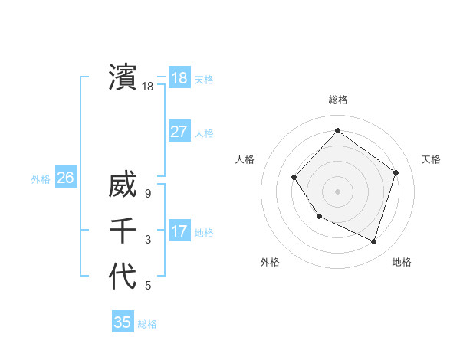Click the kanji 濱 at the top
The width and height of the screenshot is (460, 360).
coord(123,77)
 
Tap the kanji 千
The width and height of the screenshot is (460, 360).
coord(123,231)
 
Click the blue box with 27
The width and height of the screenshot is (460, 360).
coord(179,131)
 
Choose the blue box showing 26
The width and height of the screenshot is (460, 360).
coord(65,178)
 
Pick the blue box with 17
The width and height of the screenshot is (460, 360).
coord(179,231)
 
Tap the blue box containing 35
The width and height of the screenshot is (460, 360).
coord(123,322)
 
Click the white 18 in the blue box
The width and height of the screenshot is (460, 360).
coord(179,77)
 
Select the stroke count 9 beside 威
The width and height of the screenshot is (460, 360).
coord(148,194)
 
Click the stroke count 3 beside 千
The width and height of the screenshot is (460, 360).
coord(148,240)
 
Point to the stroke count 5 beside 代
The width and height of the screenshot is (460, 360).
coord(148,286)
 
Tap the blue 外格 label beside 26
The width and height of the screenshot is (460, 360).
coord(41,179)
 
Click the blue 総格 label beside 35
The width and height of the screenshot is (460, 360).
coord(147,324)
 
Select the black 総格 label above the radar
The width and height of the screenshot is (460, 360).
coord(337,100)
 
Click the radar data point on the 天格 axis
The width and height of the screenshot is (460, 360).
coord(396,172)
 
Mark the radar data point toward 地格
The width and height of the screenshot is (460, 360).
coord(374,242)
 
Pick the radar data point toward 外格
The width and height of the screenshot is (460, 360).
coord(320,216)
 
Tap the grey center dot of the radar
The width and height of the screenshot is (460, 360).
coord(337,191)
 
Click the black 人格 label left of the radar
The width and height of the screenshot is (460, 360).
coord(245,159)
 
